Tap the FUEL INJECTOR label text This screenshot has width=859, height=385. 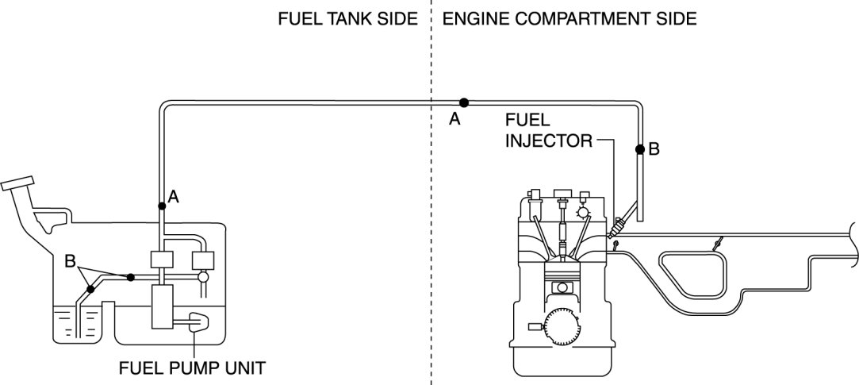click(x=548, y=131)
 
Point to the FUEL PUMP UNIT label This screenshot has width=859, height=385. click(x=192, y=368)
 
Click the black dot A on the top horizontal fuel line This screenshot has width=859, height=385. click(x=464, y=102)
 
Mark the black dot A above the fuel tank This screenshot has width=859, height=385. click(x=161, y=206)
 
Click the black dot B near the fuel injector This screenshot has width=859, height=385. click(x=639, y=149)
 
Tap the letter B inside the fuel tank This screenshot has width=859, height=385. click(x=70, y=260)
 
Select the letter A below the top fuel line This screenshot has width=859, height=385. click(x=454, y=120)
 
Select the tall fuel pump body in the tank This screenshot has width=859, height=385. click(x=164, y=308)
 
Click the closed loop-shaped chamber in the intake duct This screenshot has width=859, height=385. click(x=692, y=274)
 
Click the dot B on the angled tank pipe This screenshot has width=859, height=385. click(x=90, y=289)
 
